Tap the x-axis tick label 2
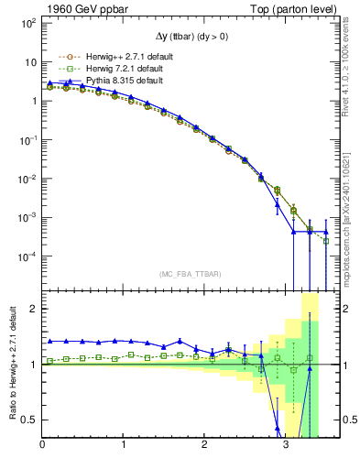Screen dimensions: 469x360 205,446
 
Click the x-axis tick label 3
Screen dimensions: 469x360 286,446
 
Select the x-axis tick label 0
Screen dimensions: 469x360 43,446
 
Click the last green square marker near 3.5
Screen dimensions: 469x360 326,241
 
